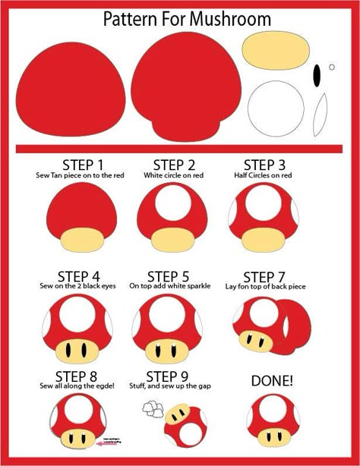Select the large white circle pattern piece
click(275, 107)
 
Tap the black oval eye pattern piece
click(316, 74)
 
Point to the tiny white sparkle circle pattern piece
click(332, 67)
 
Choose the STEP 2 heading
click(174, 165)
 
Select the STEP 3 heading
click(264, 165)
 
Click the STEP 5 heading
click(169, 276)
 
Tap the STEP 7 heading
click(264, 276)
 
